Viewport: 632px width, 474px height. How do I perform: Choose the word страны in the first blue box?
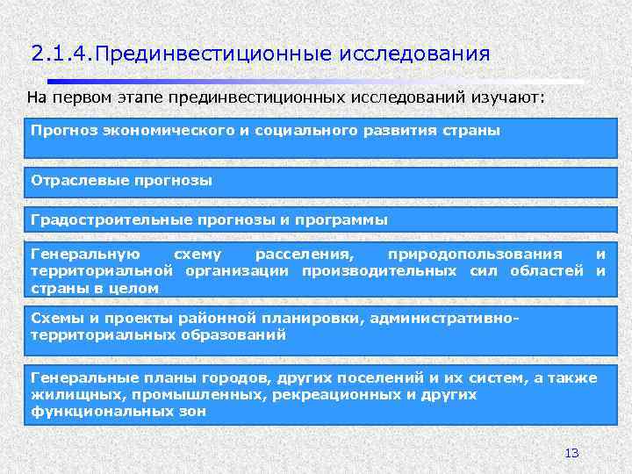point(471,130)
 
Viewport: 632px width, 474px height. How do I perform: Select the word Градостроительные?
point(95,219)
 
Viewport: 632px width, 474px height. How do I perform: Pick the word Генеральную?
point(73,254)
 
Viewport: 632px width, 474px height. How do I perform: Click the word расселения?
point(299,254)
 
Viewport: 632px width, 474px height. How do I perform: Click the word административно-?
point(451,319)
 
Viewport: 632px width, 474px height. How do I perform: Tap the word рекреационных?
point(326,394)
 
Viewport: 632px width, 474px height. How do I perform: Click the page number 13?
point(571,453)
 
